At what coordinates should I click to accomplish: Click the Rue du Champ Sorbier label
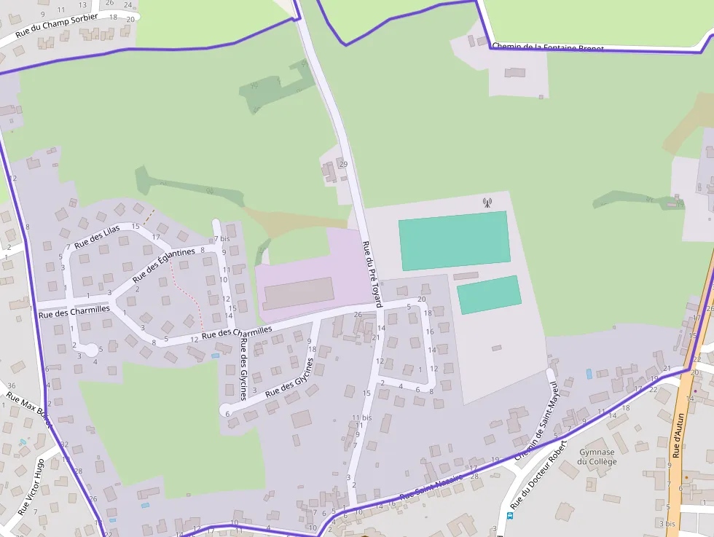click(56, 27)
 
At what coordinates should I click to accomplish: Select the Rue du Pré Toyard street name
click(373, 275)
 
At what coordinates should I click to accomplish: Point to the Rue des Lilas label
click(97, 235)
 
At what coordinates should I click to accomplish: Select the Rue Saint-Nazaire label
click(431, 486)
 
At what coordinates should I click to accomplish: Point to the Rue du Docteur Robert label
click(538, 475)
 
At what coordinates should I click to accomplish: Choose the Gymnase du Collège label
click(597, 457)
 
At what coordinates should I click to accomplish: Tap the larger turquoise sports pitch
click(453, 240)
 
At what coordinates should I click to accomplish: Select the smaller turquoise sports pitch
click(489, 294)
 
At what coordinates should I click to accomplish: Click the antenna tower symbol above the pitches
click(487, 203)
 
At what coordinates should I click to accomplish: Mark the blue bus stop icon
click(510, 516)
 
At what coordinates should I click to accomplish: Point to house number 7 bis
click(221, 239)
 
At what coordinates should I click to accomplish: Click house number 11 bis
click(361, 418)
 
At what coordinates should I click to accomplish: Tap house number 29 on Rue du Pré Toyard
click(344, 164)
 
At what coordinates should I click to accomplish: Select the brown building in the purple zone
click(299, 293)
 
